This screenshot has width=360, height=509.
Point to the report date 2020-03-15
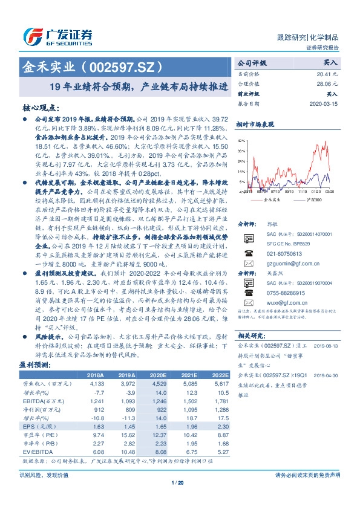coord(324,103)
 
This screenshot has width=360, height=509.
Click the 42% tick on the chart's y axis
coord(241,140)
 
